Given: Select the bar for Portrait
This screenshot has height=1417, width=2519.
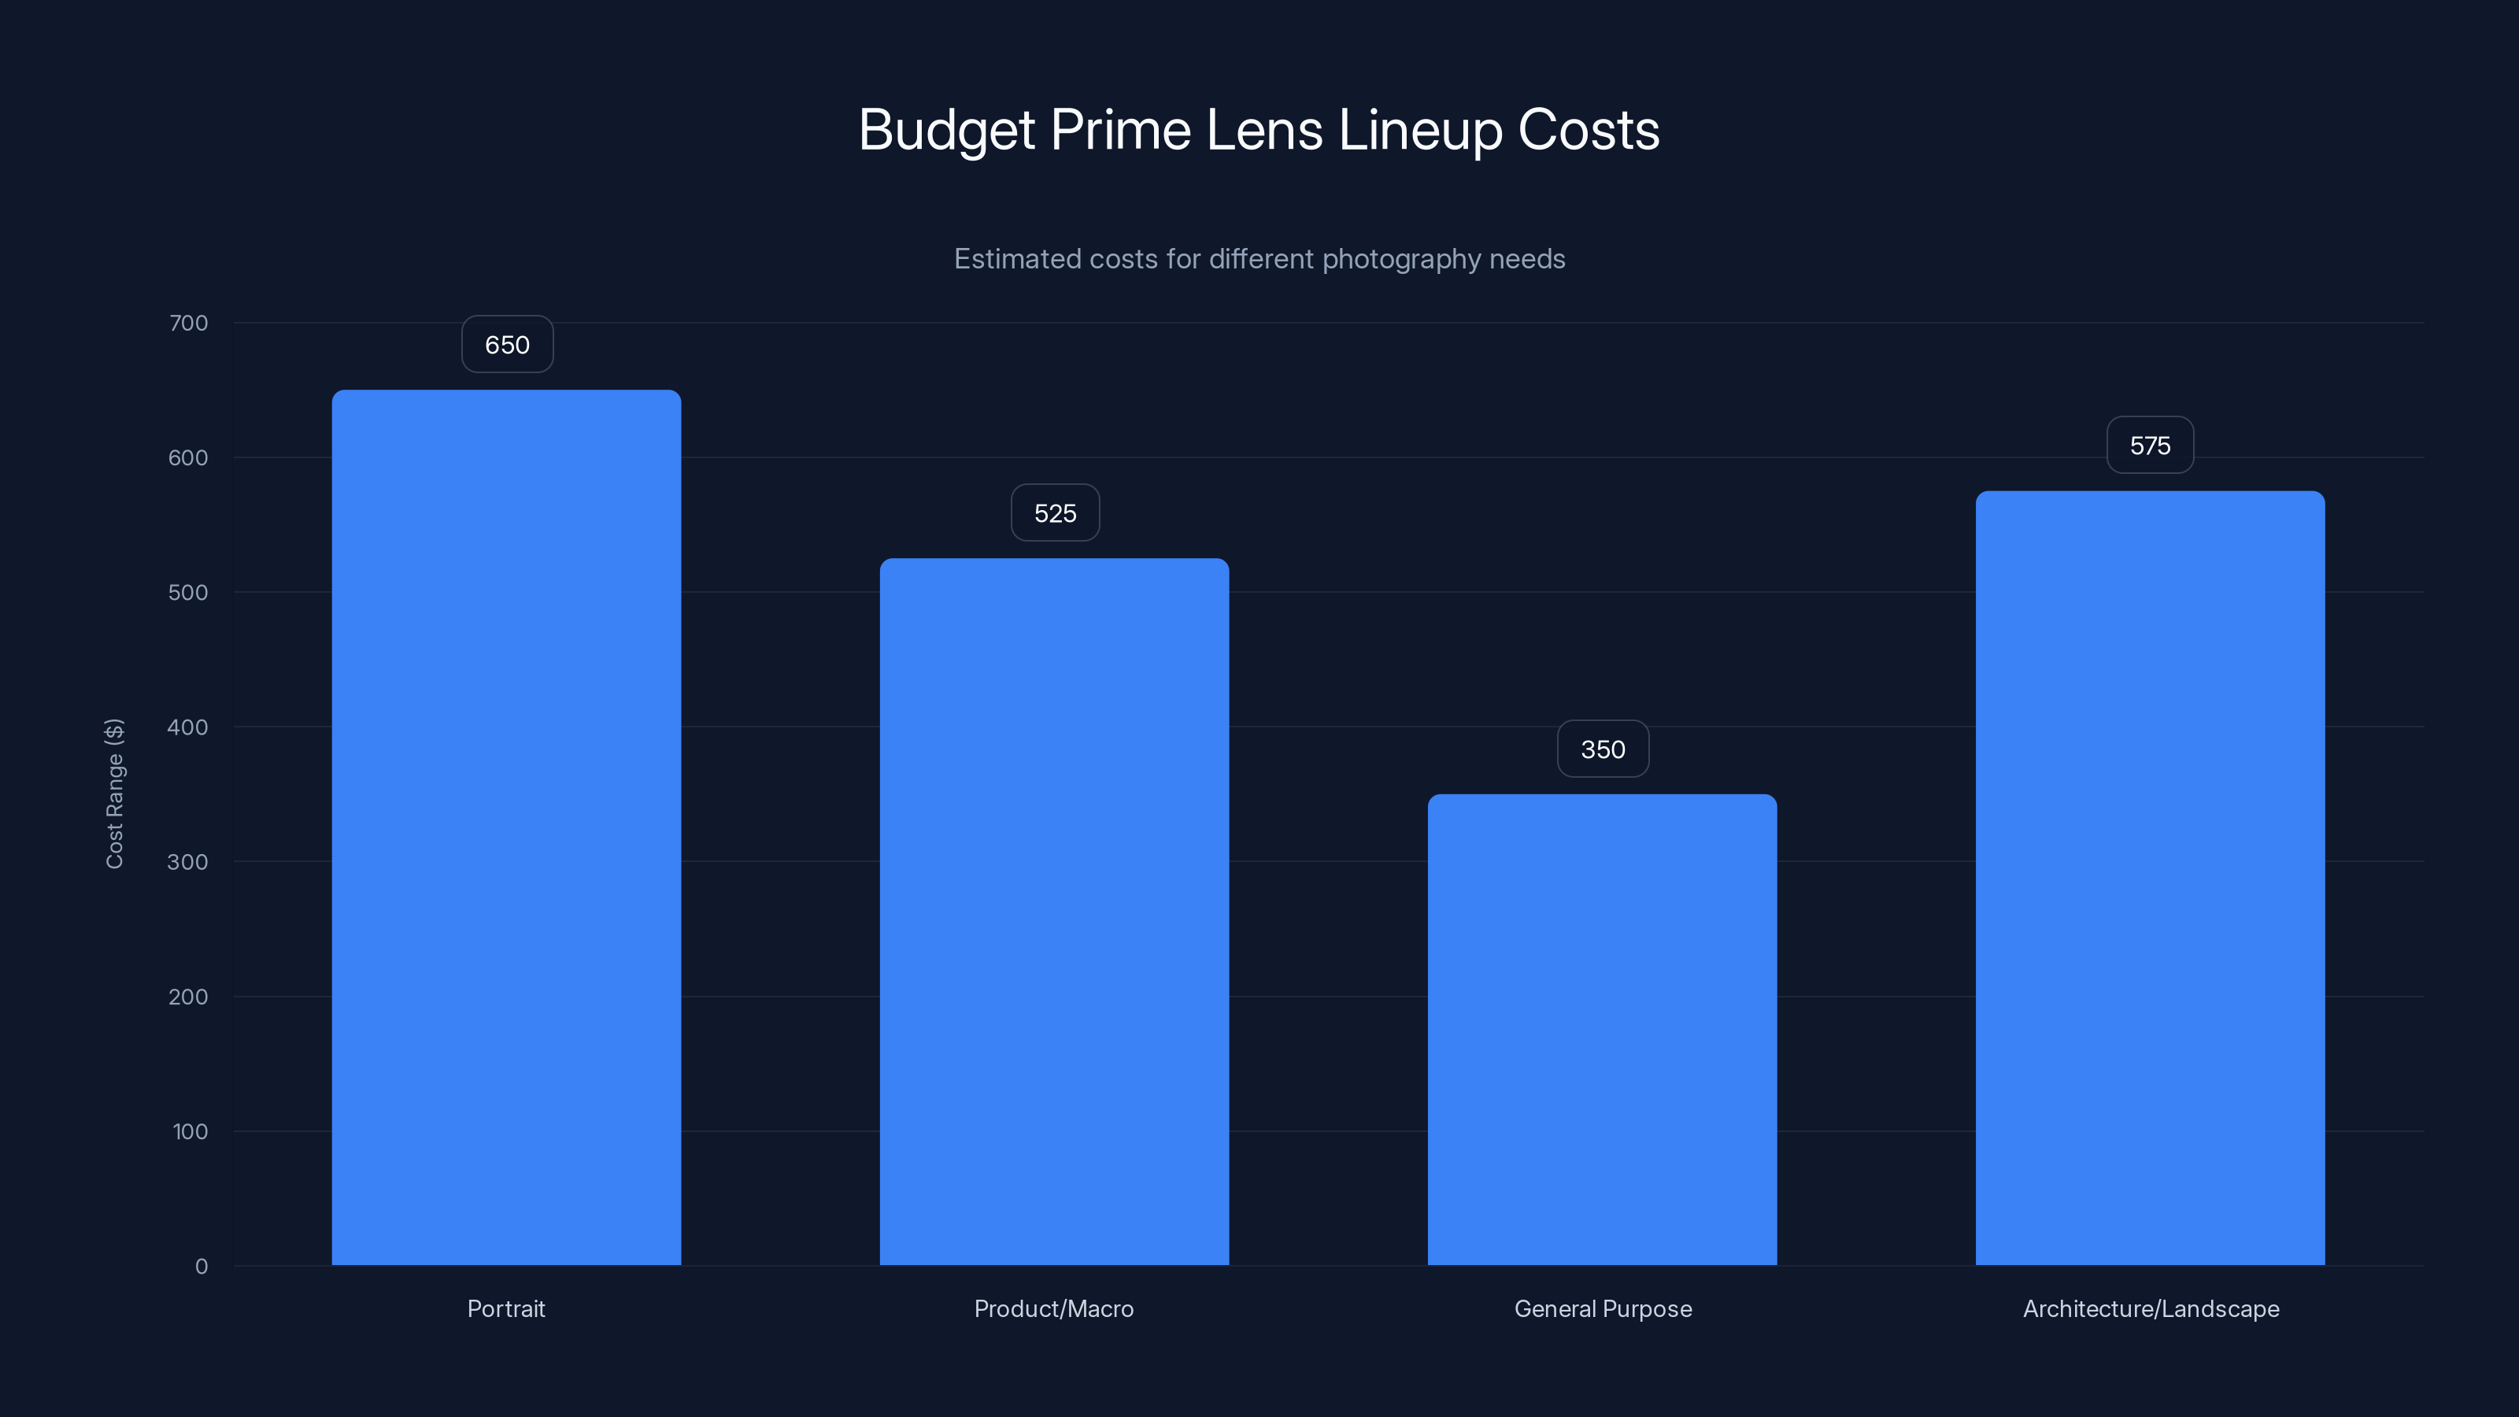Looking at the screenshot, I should [x=506, y=827].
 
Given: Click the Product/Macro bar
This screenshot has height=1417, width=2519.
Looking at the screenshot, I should [x=1054, y=912].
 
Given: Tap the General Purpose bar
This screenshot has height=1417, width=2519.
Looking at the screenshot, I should [x=1602, y=1030].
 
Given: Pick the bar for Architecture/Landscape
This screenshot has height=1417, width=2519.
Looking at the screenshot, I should [x=2149, y=879].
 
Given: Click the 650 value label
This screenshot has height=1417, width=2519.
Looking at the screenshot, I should [x=506, y=344].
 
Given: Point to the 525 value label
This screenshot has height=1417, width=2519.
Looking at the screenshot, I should [x=1054, y=513].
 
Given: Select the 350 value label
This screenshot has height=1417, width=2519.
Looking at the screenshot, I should [x=1602, y=749].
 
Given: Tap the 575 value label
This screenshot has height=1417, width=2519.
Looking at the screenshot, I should [x=2149, y=446].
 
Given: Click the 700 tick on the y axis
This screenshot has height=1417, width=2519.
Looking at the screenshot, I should [x=189, y=323].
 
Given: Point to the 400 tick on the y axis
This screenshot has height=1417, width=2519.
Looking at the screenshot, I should [x=188, y=727].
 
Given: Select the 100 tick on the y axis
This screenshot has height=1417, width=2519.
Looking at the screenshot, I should [x=190, y=1131].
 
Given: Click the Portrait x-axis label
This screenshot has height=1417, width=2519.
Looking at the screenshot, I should [x=505, y=1308].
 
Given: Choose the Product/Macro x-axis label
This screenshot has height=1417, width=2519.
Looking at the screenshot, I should [x=1053, y=1308].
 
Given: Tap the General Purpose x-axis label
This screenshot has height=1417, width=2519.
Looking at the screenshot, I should [x=1602, y=1308].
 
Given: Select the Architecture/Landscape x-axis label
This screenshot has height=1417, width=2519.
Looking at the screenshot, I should [x=2151, y=1308].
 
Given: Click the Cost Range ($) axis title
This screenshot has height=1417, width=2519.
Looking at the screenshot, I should [x=114, y=793].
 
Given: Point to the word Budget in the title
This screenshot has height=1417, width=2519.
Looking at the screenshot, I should [x=945, y=129].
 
